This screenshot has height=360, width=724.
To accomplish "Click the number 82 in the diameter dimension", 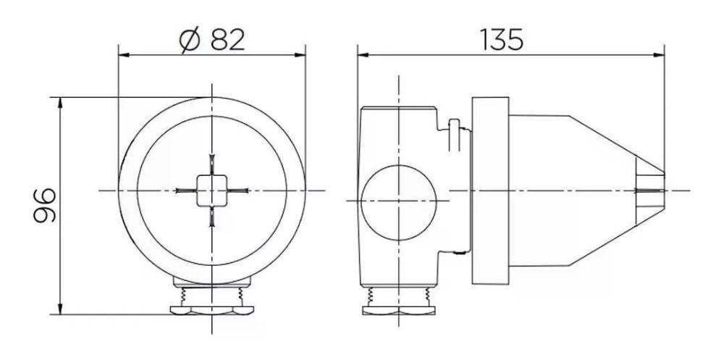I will [227, 40].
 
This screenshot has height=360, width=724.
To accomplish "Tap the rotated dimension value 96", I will [44, 205].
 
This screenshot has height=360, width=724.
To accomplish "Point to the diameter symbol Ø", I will [190, 41].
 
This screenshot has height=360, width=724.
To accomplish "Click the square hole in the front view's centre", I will [211, 191].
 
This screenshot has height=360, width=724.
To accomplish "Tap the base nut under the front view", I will [211, 311].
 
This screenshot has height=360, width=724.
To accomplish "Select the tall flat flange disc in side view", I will [490, 191].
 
